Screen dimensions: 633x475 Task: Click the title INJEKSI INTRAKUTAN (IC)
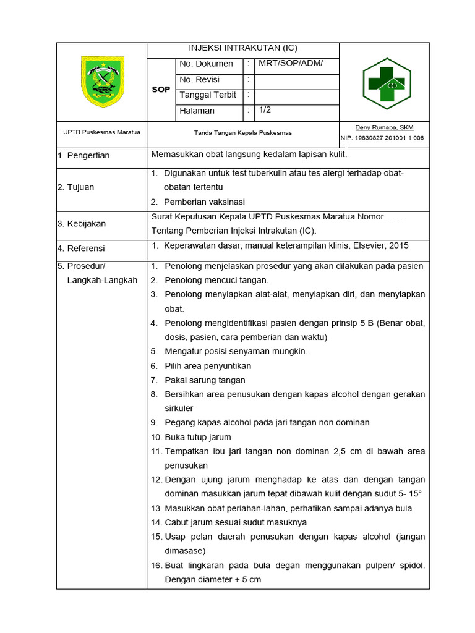coord(242,48)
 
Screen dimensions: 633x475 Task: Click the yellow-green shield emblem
coord(102,81)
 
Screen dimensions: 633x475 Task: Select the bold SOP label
coord(161,90)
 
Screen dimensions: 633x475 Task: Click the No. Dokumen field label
coord(206,64)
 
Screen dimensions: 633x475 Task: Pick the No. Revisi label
coord(199,80)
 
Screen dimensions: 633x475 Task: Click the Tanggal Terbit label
coord(207,95)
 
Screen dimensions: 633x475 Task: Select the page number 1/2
coord(265,109)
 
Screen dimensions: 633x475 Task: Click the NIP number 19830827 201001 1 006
coord(382,138)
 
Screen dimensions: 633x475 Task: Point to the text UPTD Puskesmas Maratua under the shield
coord(101,132)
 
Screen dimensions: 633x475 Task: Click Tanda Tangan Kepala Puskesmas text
coord(242,133)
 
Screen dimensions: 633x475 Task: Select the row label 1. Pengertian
coord(83,155)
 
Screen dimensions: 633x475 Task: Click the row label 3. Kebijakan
coord(82,224)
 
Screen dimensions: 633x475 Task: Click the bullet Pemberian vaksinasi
coord(204,202)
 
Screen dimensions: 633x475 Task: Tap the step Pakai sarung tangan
coord(205,380)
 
